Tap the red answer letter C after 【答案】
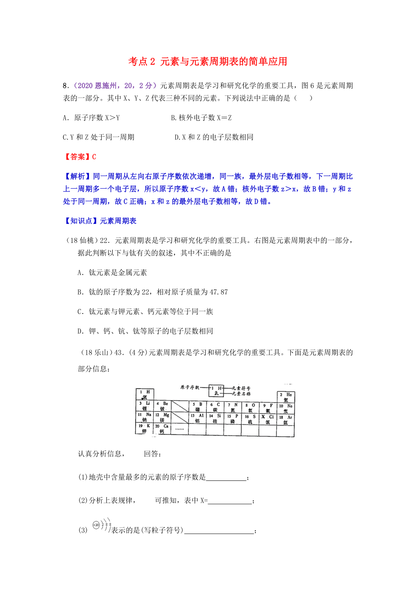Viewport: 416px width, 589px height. pos(94,157)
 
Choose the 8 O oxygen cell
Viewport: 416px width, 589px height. pos(249,407)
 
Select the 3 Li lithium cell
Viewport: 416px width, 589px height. pos(144,406)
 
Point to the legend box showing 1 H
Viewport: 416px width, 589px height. pos(217,390)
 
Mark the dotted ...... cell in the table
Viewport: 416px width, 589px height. pos(180,428)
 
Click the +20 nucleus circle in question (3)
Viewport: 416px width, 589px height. pos(95,525)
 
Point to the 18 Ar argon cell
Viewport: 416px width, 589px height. pos(285,418)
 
